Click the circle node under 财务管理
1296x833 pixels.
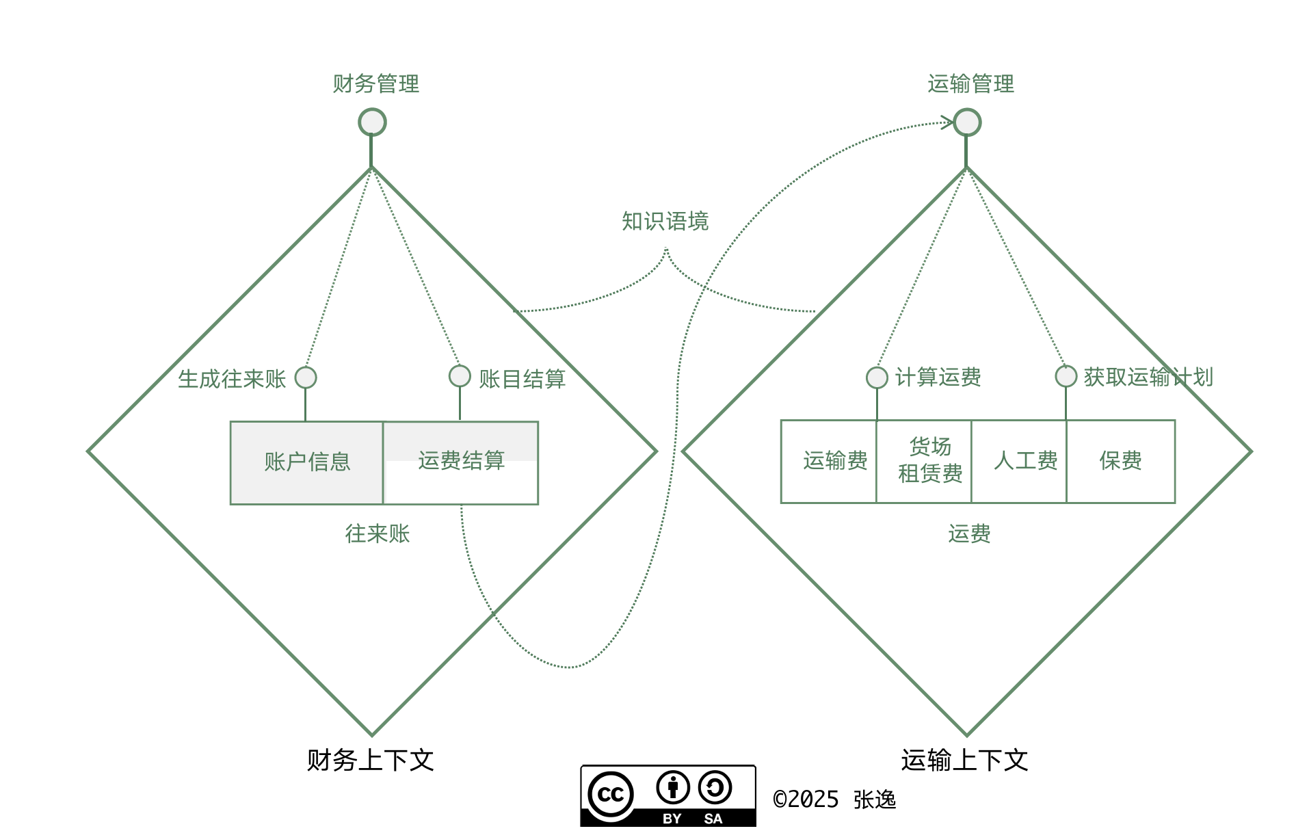click(372, 122)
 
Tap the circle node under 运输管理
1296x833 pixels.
click(967, 122)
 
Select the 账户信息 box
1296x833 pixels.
click(307, 463)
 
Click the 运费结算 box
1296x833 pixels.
click(461, 463)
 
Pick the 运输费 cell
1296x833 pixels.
click(829, 462)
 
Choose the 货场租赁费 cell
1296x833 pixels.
click(924, 462)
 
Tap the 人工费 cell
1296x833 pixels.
click(1019, 462)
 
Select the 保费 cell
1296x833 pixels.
click(1121, 462)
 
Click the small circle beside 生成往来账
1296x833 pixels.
click(306, 378)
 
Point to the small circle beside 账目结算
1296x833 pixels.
click(460, 376)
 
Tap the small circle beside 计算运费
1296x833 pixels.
click(877, 378)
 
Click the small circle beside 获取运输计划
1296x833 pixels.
click(1066, 376)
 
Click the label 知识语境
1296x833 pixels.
click(665, 222)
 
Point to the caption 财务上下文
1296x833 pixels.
click(370, 761)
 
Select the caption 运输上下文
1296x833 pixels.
click(964, 761)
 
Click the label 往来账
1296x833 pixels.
click(378, 534)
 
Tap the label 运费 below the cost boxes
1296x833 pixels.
click(969, 534)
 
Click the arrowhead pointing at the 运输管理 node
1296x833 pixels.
click(948, 123)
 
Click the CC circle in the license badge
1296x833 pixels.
click(611, 795)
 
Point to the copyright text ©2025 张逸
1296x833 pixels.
click(834, 799)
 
